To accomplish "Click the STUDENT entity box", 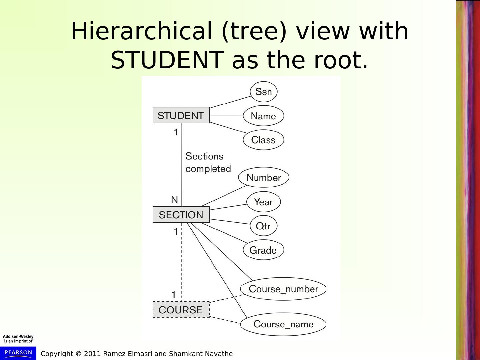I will (x=181, y=115).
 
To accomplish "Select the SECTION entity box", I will (x=181, y=215).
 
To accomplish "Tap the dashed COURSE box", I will (x=181, y=310).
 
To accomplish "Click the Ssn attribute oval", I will (x=263, y=92).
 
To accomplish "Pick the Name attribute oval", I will (x=263, y=116).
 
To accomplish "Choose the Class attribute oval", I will (x=263, y=140).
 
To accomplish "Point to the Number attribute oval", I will (x=263, y=177).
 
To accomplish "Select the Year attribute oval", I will (x=263, y=202).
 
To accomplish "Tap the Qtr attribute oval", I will (x=263, y=226).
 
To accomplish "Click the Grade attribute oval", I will (x=263, y=250).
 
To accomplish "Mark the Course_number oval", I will (x=283, y=289).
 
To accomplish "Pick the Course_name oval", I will (x=283, y=324).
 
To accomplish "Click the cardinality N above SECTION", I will (x=174, y=200).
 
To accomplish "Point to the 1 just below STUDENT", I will (x=176, y=133).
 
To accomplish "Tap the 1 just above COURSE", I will (x=173, y=295).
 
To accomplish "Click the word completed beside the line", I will (x=208, y=169).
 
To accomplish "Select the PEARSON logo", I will (x=18, y=353).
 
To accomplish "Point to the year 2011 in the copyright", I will (x=92, y=354).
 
